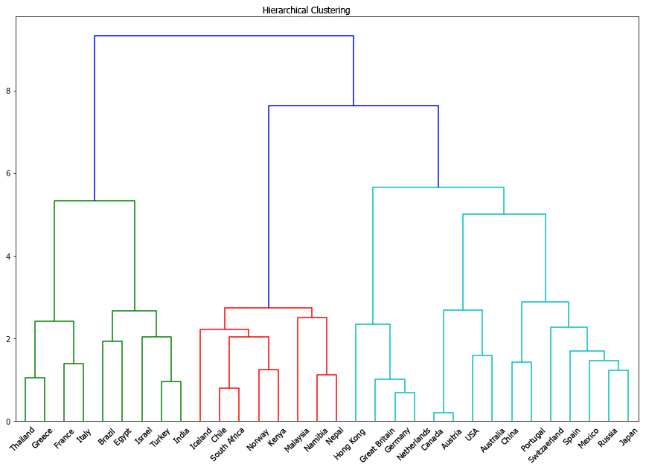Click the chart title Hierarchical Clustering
click(x=306, y=10)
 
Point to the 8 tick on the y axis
click(x=10, y=91)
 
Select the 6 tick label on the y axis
click(x=10, y=173)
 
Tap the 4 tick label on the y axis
click(x=10, y=257)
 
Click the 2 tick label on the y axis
click(x=10, y=339)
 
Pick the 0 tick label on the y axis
click(x=10, y=422)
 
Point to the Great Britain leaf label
click(x=375, y=445)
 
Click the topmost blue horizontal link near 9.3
click(x=223, y=36)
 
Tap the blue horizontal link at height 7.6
click(x=354, y=106)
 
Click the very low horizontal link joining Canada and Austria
click(x=444, y=413)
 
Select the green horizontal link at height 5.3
click(x=95, y=201)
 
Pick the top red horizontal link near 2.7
click(x=268, y=308)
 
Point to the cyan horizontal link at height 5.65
click(x=438, y=187)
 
